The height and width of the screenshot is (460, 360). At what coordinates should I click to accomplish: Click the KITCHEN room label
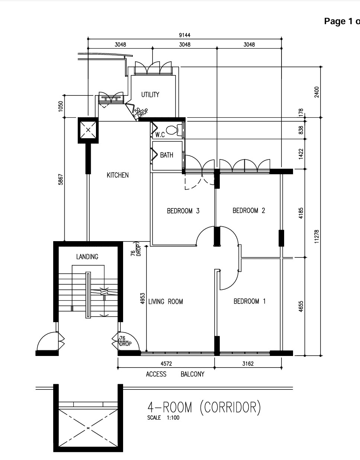pyautogui.click(x=118, y=175)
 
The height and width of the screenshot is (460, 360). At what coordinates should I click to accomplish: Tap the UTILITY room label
pyautogui.click(x=150, y=94)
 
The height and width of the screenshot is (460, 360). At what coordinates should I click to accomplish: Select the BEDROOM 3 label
pyautogui.click(x=183, y=211)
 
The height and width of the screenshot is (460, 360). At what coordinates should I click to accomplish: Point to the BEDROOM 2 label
pyautogui.click(x=249, y=210)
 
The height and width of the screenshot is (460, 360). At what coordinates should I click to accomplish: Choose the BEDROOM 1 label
pyautogui.click(x=250, y=301)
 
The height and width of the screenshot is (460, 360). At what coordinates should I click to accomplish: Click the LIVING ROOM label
pyautogui.click(x=165, y=301)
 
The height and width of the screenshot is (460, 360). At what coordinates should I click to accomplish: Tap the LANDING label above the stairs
pyautogui.click(x=87, y=257)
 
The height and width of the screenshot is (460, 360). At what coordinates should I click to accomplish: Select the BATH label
pyautogui.click(x=167, y=155)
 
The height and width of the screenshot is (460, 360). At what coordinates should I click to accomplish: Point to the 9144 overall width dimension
pyautogui.click(x=185, y=35)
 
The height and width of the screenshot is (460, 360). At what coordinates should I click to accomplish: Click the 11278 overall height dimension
pyautogui.click(x=316, y=236)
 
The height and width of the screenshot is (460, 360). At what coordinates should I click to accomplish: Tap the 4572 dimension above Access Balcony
pyautogui.click(x=166, y=364)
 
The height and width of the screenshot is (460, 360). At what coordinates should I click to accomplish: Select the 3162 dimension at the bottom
pyautogui.click(x=248, y=364)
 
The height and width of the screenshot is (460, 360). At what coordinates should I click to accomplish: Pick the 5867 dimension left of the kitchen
pyautogui.click(x=61, y=179)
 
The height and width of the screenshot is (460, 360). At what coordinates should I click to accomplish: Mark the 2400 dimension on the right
pyautogui.click(x=316, y=92)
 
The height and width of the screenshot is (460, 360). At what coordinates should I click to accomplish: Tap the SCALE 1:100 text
pyautogui.click(x=163, y=418)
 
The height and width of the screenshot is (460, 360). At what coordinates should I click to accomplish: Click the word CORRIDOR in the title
pyautogui.click(x=230, y=407)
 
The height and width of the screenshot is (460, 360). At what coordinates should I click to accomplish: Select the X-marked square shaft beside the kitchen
pyautogui.click(x=88, y=130)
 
